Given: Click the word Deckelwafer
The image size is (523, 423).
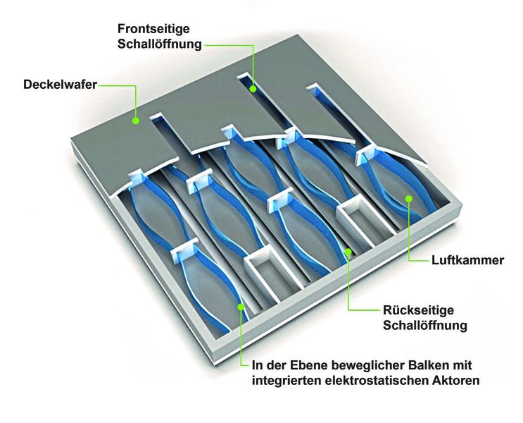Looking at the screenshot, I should [x=59, y=85].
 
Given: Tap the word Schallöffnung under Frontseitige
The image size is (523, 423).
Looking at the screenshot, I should [x=160, y=44].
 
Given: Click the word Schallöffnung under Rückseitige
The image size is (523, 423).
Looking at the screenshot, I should [x=425, y=326].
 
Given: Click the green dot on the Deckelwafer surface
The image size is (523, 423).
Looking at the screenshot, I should [x=136, y=121].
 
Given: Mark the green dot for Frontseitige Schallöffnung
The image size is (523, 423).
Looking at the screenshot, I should [x=253, y=89].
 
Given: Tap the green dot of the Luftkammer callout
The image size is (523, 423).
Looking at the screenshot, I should [x=408, y=198].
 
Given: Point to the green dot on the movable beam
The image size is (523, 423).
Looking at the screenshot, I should [x=241, y=306].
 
